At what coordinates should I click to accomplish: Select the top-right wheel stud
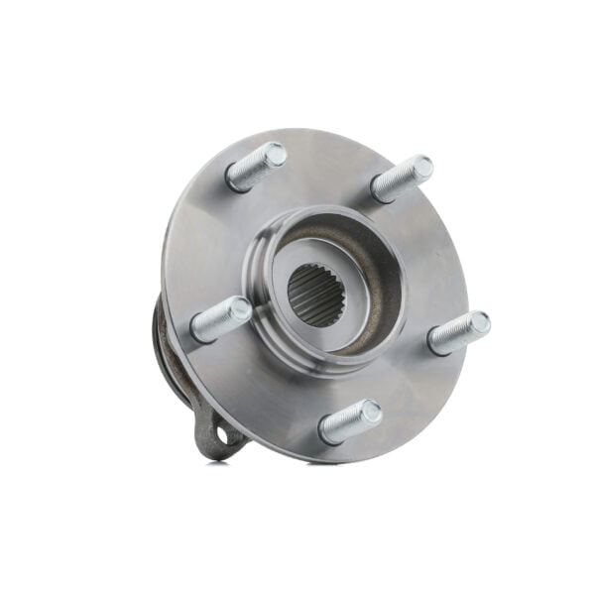pos(402,179)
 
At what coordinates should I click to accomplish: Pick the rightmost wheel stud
pos(459,333)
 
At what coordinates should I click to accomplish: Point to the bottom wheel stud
pos(350,420)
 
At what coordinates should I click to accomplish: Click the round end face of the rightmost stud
pos(479,323)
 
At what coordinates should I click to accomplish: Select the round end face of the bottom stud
pos(369,410)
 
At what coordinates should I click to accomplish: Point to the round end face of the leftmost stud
pos(238,309)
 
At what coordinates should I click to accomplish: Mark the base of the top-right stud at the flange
pos(381,191)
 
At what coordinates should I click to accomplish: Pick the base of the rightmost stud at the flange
pos(437,343)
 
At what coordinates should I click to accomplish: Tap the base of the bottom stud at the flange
pos(328,432)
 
